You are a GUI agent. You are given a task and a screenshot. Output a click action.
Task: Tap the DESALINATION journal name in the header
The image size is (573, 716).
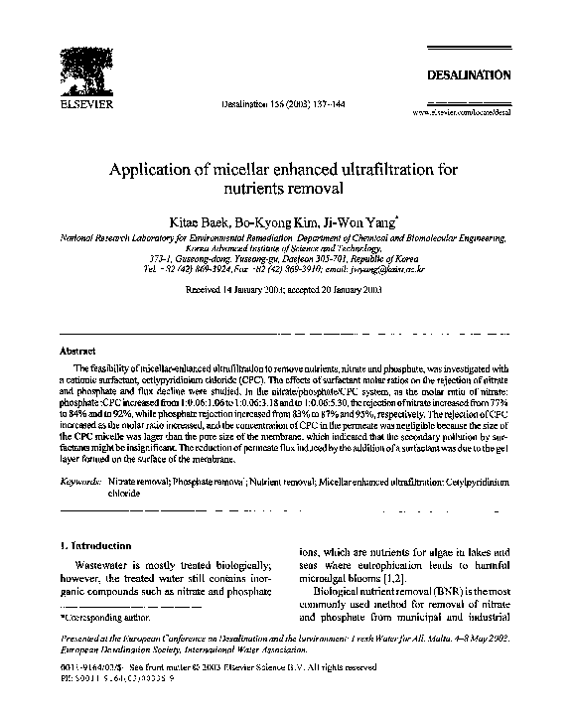(x=469, y=74)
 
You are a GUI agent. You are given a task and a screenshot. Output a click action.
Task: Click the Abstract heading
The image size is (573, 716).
(x=78, y=351)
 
